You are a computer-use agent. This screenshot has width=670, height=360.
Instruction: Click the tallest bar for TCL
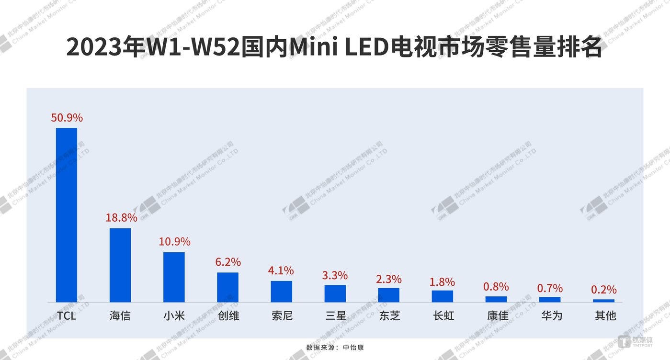(67, 215)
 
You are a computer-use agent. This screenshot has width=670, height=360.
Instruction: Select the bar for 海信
(120, 265)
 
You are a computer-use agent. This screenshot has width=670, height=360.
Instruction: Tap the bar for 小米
(174, 277)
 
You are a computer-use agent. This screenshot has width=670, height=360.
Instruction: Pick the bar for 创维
(227, 287)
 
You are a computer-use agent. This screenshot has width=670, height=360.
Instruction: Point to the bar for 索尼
(281, 292)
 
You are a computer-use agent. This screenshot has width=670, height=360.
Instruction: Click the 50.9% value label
(67, 117)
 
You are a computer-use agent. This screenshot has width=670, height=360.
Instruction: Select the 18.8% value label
(121, 218)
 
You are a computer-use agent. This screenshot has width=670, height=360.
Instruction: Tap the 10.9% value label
(174, 242)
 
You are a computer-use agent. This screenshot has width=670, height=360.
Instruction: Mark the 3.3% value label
(335, 275)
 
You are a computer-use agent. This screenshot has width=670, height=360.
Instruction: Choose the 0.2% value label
(604, 290)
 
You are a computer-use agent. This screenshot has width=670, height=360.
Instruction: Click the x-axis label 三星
(335, 316)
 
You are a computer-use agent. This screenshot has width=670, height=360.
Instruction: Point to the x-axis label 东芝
(389, 316)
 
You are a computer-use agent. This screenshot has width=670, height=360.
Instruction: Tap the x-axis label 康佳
(497, 316)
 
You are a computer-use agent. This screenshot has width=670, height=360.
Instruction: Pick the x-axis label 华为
(551, 316)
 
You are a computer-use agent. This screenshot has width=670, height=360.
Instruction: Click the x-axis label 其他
(604, 316)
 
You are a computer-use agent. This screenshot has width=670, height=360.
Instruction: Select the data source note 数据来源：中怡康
(335, 347)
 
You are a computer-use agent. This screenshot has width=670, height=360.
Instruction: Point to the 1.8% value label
(443, 282)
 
